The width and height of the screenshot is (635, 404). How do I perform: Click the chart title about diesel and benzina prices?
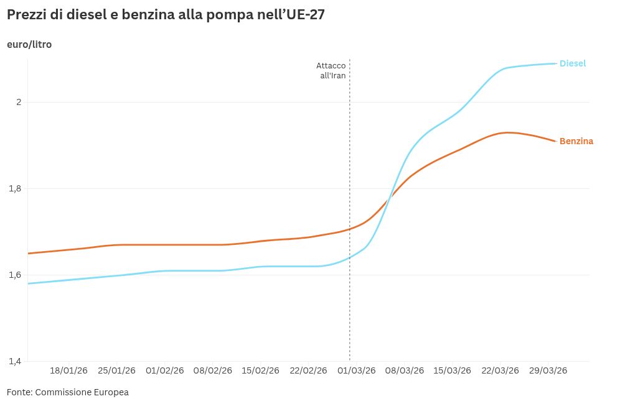[165, 16]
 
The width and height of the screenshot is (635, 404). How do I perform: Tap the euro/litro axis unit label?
[29, 45]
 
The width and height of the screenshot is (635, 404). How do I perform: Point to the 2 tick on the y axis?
[19, 102]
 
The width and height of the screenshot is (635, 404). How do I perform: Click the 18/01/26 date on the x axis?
[68, 370]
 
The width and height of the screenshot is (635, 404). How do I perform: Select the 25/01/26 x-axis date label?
[116, 370]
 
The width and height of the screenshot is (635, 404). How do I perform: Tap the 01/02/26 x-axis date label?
[165, 370]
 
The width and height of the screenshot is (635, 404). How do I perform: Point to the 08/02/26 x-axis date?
[213, 370]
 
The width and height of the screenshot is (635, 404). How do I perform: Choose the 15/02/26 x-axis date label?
[260, 370]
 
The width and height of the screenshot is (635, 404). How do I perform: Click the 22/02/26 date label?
[308, 370]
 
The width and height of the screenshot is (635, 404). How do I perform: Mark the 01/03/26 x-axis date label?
[357, 370]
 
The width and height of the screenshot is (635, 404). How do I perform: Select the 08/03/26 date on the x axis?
[405, 370]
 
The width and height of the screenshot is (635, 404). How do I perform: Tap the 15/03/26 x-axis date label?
[452, 370]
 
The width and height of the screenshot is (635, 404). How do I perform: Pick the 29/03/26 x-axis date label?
[548, 370]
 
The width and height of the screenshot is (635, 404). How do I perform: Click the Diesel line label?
[573, 63]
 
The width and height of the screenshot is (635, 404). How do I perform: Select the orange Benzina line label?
[576, 141]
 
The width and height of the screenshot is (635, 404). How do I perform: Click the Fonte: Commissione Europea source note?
[68, 392]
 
